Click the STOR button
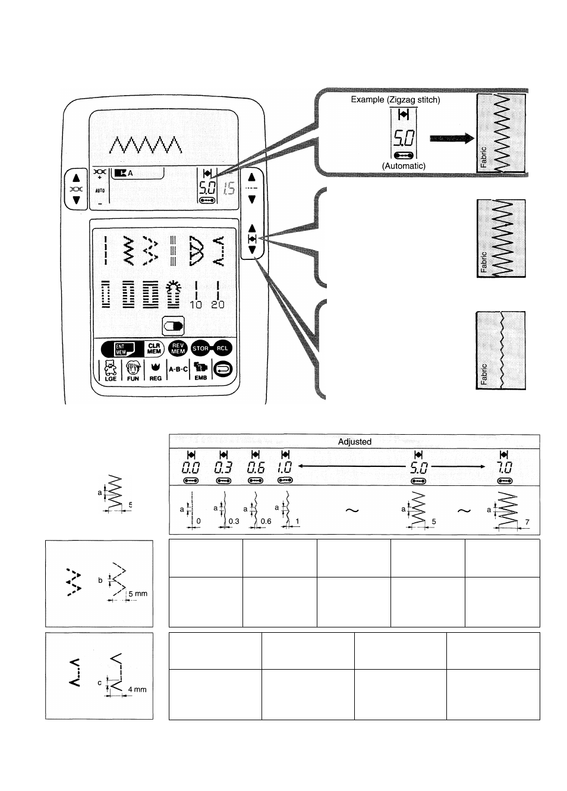click(201, 349)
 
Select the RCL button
click(222, 349)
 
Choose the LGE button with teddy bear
click(110, 371)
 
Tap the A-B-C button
click(178, 369)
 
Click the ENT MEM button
click(124, 349)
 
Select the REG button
click(155, 371)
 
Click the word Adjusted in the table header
click(354, 442)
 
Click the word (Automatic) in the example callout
click(404, 166)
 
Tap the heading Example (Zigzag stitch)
click(395, 99)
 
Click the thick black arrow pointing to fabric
click(451, 138)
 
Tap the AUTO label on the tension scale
click(100, 191)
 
